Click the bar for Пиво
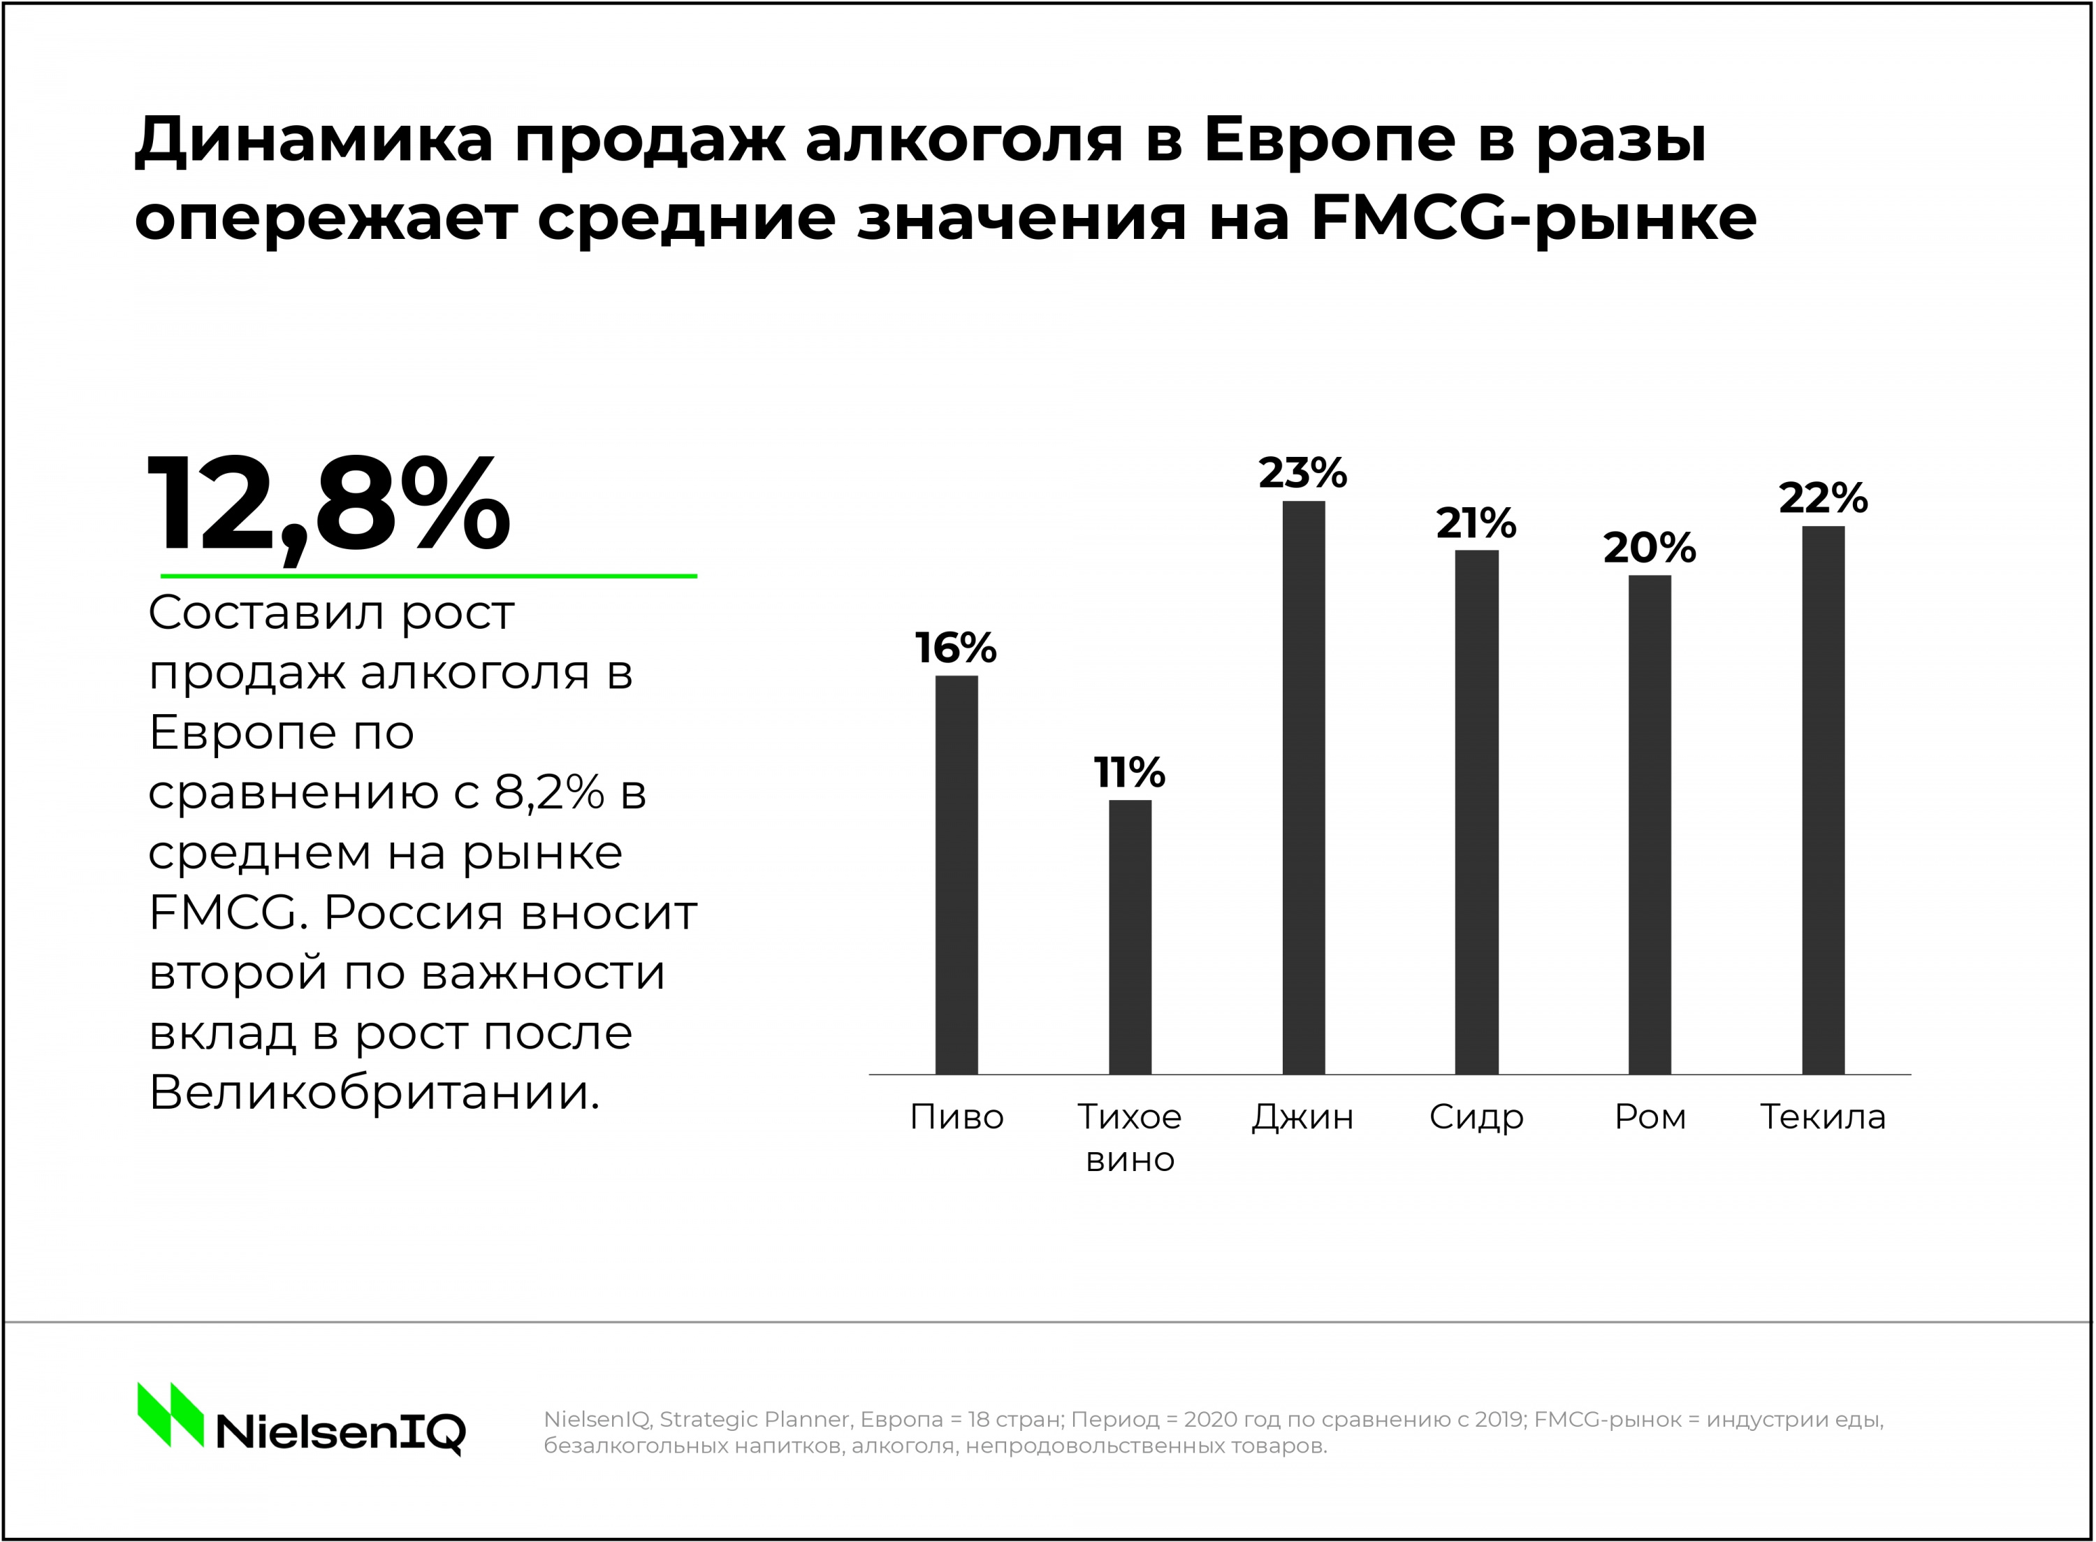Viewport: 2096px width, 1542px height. click(956, 875)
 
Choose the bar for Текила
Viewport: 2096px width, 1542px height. click(1823, 800)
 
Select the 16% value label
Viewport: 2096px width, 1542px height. click(956, 648)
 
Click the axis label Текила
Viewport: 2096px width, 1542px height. click(1823, 1117)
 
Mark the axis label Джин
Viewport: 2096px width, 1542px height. click(1303, 1117)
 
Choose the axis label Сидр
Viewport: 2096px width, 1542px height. click(1476, 1117)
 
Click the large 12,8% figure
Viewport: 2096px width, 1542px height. click(328, 507)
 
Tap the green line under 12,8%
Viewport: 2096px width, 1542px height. click(428, 576)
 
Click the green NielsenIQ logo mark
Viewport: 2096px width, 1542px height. click(170, 1414)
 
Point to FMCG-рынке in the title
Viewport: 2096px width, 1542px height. click(1534, 219)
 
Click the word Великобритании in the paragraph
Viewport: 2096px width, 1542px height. click(373, 1092)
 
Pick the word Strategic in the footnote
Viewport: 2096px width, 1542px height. click(709, 1420)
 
